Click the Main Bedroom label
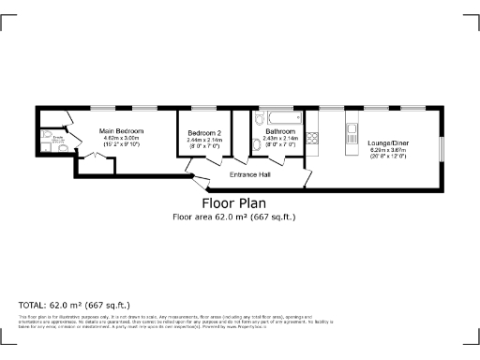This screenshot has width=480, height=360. (123, 130)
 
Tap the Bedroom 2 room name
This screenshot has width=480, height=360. (204, 132)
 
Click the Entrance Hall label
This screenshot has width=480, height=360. (250, 174)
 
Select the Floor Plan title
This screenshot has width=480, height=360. (233, 202)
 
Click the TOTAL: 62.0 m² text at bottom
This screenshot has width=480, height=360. (74, 305)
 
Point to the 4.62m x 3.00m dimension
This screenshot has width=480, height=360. (123, 139)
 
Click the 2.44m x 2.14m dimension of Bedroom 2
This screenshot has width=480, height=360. (204, 140)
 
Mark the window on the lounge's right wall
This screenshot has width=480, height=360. (442, 148)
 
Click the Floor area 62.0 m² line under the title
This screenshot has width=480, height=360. (233, 217)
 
